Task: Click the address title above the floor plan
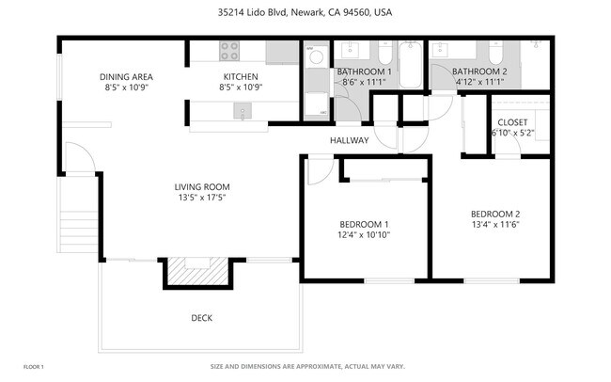(x=305, y=13)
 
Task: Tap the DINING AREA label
(x=126, y=77)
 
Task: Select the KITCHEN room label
(x=239, y=77)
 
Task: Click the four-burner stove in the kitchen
(x=230, y=51)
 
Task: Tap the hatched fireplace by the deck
(x=196, y=273)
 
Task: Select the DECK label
(x=201, y=318)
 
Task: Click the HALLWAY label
(x=349, y=141)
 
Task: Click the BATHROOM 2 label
(x=478, y=72)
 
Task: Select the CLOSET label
(x=512, y=121)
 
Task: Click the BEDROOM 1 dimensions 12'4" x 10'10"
(x=364, y=236)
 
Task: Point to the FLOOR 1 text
(x=34, y=366)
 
